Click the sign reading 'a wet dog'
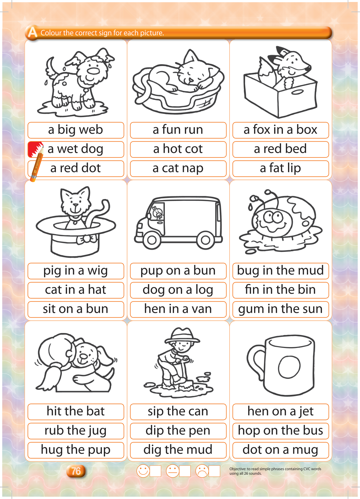76,149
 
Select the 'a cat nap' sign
178,168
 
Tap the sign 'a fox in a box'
281,130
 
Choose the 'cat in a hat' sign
76,290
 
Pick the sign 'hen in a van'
178,309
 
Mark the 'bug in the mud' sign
281,271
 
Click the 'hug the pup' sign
76,450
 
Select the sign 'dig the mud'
178,450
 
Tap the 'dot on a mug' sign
281,450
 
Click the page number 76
76,471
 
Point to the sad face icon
202,471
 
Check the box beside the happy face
155,471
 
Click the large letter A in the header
32,32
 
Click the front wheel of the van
152,240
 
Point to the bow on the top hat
86,239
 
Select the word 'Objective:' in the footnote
238,469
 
